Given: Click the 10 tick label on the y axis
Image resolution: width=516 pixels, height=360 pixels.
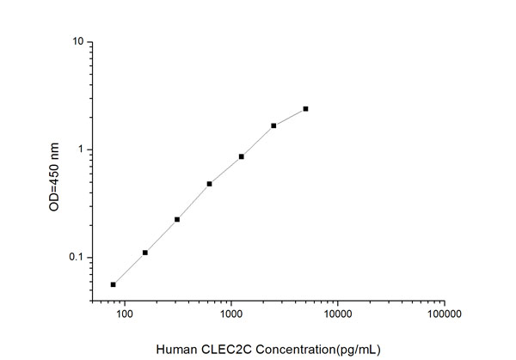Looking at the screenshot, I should click(77, 41).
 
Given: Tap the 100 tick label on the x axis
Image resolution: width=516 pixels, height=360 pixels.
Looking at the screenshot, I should click(125, 314).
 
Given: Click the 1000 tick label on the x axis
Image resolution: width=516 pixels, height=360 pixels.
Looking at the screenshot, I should click(231, 314).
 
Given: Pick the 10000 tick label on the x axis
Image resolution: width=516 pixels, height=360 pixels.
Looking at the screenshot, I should click(338, 314).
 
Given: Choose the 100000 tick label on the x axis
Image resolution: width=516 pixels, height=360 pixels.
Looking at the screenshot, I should click(444, 314).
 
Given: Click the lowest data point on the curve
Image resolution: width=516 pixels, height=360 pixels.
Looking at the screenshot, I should click(114, 284).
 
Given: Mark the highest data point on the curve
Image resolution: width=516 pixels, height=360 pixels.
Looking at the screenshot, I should click(305, 109).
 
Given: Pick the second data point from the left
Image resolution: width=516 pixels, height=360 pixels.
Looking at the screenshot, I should click(145, 253).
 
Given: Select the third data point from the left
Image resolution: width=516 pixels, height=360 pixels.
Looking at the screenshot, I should click(177, 219).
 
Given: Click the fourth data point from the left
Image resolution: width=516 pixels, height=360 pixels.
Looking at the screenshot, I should click(209, 184).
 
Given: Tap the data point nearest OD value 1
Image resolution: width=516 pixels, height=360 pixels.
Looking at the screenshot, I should click(242, 156).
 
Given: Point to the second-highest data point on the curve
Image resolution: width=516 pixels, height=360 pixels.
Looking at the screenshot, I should click(273, 125).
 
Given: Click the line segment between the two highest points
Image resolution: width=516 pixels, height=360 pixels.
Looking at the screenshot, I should click(290, 117).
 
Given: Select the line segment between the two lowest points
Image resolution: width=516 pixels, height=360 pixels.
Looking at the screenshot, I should click(129, 269).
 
